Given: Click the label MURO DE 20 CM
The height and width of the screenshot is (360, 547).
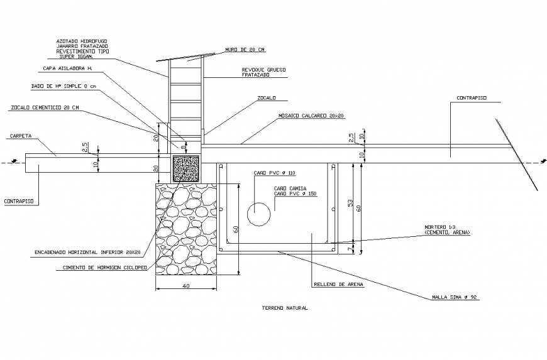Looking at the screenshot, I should coord(245,49).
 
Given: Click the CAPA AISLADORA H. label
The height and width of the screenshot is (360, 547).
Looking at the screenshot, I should coord(68,68).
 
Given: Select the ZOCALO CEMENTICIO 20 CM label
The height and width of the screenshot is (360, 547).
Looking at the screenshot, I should coord(45,107).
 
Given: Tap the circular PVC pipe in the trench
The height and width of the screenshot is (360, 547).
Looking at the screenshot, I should coord(259,214).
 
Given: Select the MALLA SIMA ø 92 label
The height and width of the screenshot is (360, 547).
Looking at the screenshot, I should coord(455,297).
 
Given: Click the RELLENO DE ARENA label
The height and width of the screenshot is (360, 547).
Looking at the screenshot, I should coord(338,284).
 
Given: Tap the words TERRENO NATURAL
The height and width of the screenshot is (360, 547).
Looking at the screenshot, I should coord(284,308).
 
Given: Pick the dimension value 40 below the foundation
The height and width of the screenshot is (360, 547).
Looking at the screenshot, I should coord(186,286).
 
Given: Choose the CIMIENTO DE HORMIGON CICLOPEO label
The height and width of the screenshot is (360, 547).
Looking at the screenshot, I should coord(104,267).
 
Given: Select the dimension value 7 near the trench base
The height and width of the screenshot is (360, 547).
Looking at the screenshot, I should coord(348,249).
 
